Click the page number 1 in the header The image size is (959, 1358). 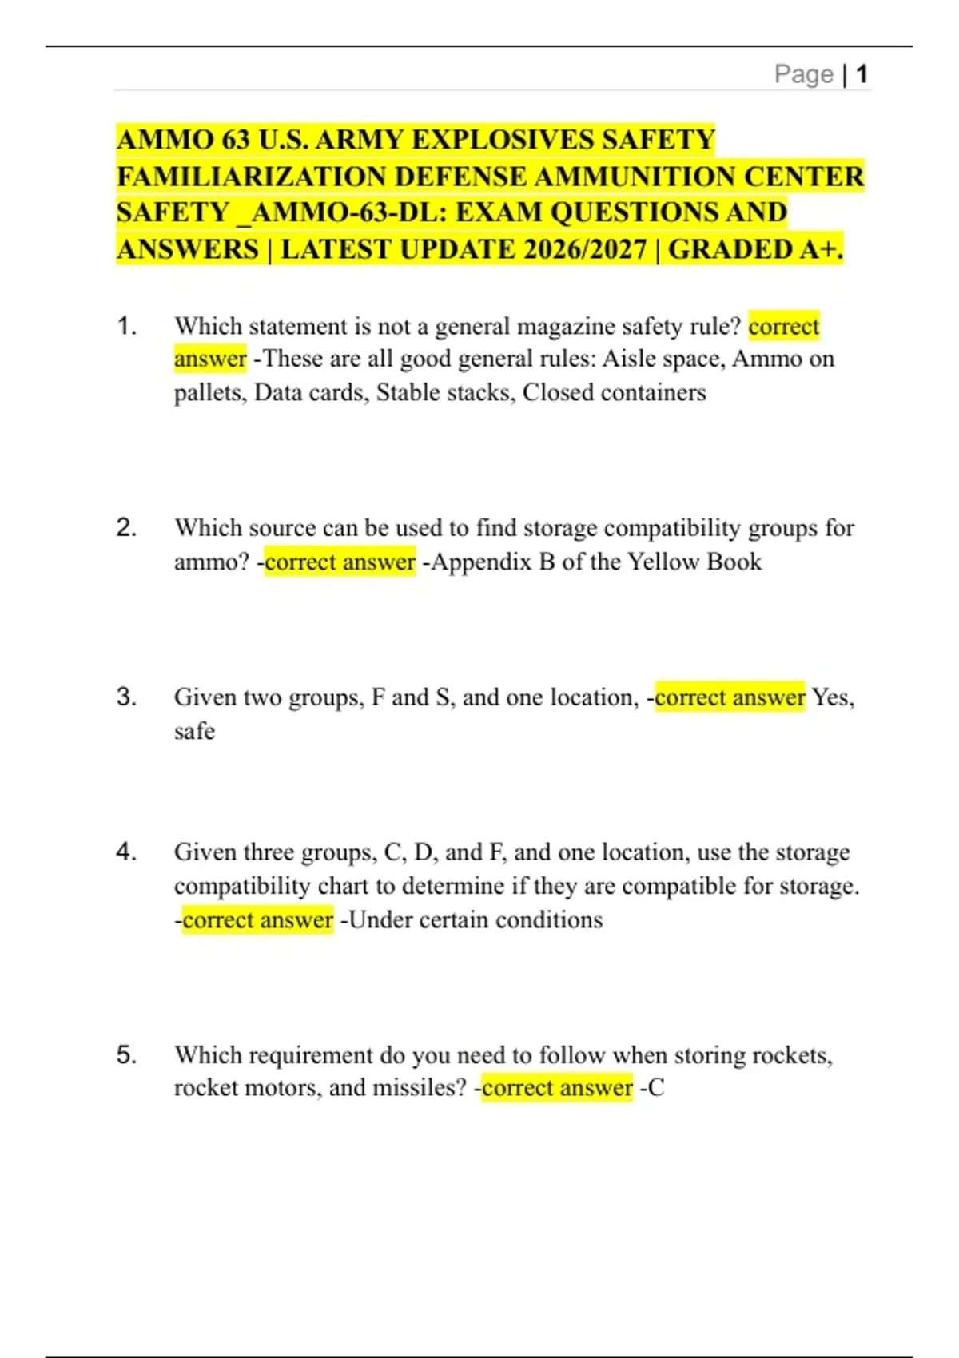pos(862,74)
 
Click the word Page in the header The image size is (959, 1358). pos(803,74)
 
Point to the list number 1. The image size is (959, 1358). pos(126,326)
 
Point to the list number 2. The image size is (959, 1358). pos(126,528)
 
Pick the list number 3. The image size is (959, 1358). pos(126,697)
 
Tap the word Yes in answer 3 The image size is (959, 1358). pos(830,697)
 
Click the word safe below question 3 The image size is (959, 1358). pos(194,731)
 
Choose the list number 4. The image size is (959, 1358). pos(126,852)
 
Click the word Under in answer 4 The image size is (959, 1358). pos(380,919)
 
